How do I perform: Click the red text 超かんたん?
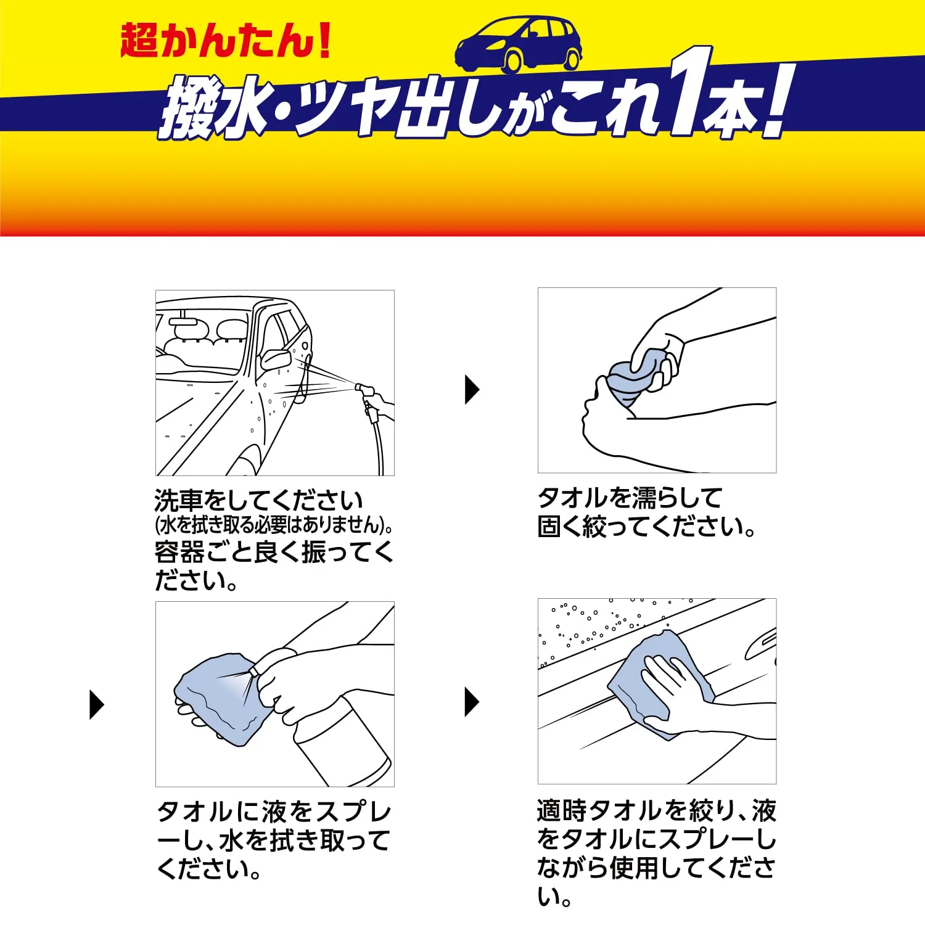(x=226, y=41)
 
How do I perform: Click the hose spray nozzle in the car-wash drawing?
(x=364, y=390)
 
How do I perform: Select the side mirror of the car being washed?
(x=275, y=358)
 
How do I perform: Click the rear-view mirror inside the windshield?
(x=184, y=322)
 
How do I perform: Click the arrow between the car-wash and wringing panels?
(x=472, y=390)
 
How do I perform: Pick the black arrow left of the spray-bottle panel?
(x=97, y=704)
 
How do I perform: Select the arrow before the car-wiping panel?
(x=472, y=702)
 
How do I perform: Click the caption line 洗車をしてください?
(x=258, y=500)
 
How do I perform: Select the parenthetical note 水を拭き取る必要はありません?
(x=271, y=525)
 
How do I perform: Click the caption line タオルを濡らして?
(x=630, y=498)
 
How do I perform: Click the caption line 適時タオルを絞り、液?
(x=656, y=810)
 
